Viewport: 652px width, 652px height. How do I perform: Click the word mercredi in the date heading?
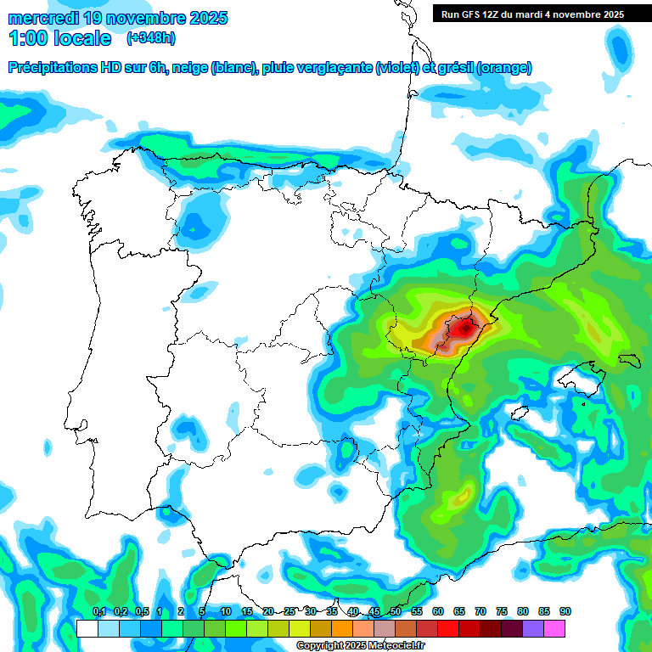pyautogui.click(x=43, y=18)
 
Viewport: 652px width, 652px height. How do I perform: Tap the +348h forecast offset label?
pyautogui.click(x=150, y=38)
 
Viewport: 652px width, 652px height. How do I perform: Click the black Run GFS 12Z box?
pyautogui.click(x=532, y=14)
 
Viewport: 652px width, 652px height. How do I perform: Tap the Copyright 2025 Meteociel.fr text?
pyautogui.click(x=360, y=646)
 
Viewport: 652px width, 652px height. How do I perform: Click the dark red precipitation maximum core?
pyautogui.click(x=464, y=327)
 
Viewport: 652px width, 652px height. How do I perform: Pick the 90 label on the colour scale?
pyautogui.click(x=565, y=611)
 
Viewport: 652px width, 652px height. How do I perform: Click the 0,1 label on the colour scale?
pyautogui.click(x=98, y=611)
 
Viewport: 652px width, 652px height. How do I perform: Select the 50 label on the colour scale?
pyautogui.click(x=396, y=611)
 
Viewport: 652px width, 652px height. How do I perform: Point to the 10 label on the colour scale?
pyautogui.click(x=226, y=611)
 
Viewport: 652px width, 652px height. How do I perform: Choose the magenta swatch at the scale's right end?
pyautogui.click(x=554, y=628)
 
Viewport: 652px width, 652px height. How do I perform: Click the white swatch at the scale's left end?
pyautogui.click(x=87, y=628)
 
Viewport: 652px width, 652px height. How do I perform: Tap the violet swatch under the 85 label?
pyautogui.click(x=533, y=628)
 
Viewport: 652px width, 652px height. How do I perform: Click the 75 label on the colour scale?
pyautogui.click(x=502, y=611)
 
